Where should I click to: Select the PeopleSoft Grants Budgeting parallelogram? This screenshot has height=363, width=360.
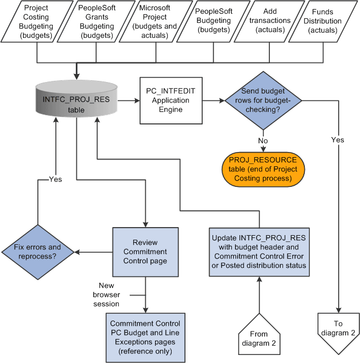91,22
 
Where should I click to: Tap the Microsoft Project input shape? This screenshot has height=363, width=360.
150,22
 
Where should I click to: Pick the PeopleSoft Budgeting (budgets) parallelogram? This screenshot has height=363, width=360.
206,22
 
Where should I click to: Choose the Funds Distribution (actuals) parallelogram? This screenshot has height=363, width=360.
322,22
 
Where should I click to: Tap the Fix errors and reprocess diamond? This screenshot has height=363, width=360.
38,252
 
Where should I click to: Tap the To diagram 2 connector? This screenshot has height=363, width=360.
338,331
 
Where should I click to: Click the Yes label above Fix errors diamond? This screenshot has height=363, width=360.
56,179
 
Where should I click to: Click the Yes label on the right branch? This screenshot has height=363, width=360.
339,139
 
